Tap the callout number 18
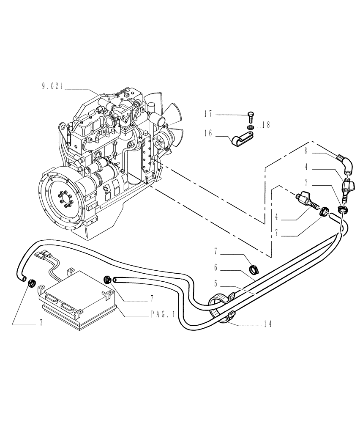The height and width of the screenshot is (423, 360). [265, 125]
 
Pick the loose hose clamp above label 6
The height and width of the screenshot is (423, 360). [255, 268]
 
